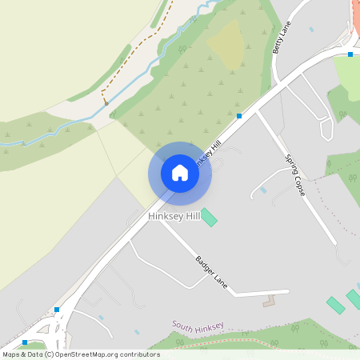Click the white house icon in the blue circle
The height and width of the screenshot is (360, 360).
(180, 173)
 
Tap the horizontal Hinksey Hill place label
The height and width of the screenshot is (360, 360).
(174, 217)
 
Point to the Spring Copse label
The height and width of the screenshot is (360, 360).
(296, 174)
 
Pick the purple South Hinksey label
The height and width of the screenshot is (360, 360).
(198, 326)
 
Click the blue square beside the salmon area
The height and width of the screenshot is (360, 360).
(350, 54)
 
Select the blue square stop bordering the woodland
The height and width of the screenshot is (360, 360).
(239, 116)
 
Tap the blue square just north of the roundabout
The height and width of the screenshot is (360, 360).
(57, 309)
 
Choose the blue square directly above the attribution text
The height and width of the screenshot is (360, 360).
(24, 343)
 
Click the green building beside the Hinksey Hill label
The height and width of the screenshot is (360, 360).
(209, 217)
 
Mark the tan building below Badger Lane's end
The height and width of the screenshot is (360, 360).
(269, 302)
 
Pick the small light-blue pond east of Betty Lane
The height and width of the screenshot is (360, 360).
(311, 30)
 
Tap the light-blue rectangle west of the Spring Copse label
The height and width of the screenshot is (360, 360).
(263, 190)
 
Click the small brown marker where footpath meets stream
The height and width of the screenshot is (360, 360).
(105, 103)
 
